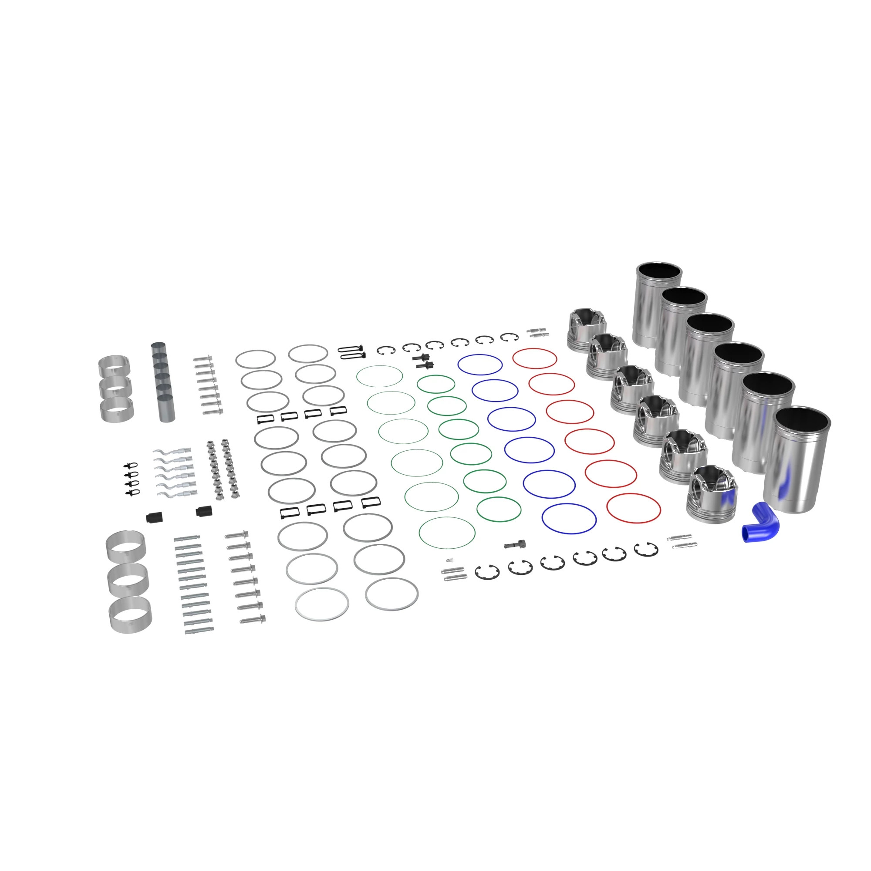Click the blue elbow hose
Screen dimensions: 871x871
pyautogui.click(x=761, y=523)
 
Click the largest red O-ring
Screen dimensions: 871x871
pyautogui.click(x=633, y=508)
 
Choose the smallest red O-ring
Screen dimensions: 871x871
pyautogui.click(x=535, y=358)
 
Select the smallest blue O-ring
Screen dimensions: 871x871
pyautogui.click(x=480, y=364)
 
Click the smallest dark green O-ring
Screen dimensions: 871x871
pyautogui.click(x=435, y=384)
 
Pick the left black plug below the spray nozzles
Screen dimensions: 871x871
pyautogui.click(x=155, y=517)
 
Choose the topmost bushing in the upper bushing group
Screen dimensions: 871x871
pyautogui.click(x=114, y=365)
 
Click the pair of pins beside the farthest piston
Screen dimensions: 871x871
pyautogui.click(x=537, y=332)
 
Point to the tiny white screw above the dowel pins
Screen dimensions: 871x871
pyautogui.click(x=449, y=560)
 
